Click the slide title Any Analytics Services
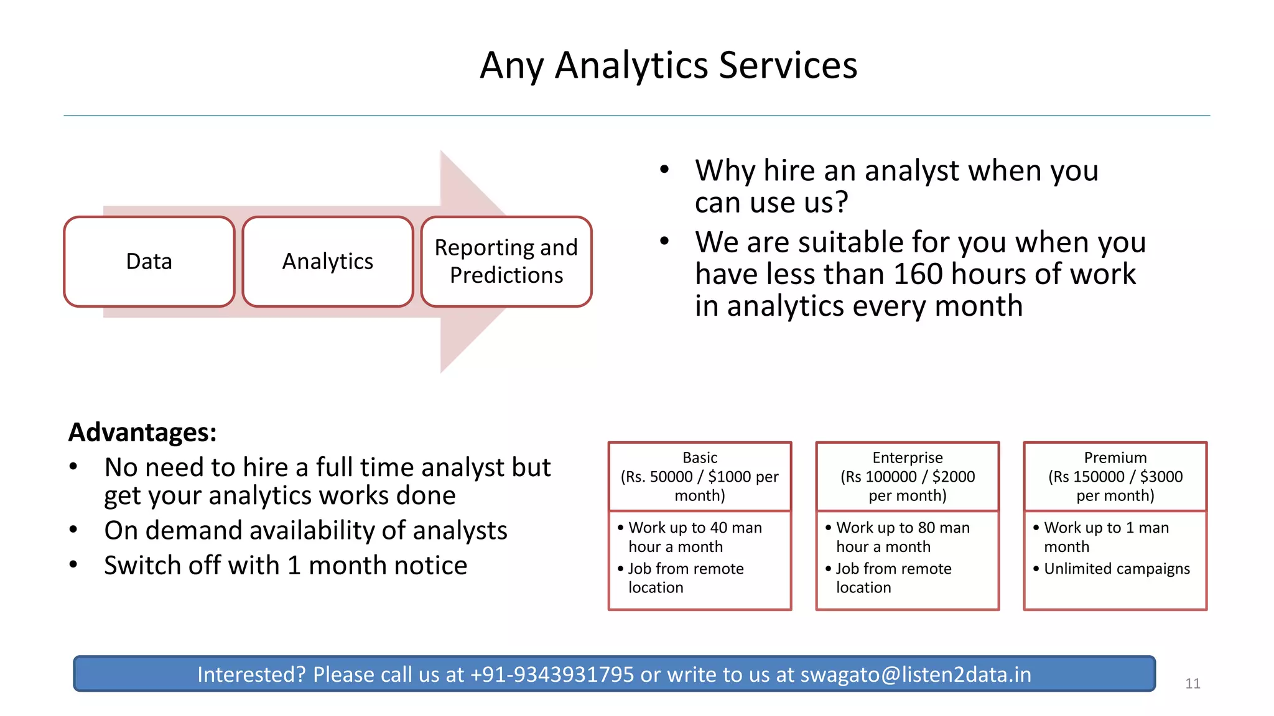click(668, 65)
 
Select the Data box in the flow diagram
click(149, 262)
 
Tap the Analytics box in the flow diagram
click(328, 262)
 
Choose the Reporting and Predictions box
click(506, 262)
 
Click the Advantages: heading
click(142, 432)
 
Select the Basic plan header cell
click(700, 477)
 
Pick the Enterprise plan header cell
click(908, 477)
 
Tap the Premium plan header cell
click(1115, 477)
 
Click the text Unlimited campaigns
click(1117, 569)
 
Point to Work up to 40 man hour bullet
click(695, 537)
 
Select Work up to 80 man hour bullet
click(903, 537)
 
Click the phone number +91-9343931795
click(552, 674)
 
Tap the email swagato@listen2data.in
click(916, 674)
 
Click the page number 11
click(1193, 684)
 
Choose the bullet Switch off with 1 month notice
click(286, 566)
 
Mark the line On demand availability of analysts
click(305, 531)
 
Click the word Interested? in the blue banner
click(251, 674)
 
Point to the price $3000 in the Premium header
click(1161, 477)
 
